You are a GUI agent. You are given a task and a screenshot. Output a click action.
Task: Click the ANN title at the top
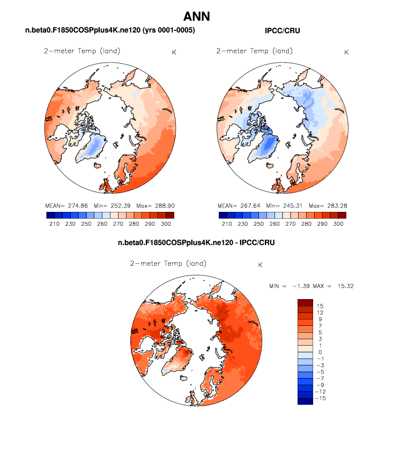pos(196,17)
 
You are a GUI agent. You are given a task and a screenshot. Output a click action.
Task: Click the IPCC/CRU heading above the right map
pos(282,30)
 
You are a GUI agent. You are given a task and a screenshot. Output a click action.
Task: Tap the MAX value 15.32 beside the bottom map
pos(343,286)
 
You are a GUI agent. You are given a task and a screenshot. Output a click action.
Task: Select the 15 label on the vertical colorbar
pos(320,306)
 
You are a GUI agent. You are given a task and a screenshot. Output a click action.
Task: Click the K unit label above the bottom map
pos(261,265)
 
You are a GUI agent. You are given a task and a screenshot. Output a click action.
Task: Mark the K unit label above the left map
pos(174,52)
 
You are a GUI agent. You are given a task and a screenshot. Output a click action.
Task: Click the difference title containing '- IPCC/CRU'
pos(196,243)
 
